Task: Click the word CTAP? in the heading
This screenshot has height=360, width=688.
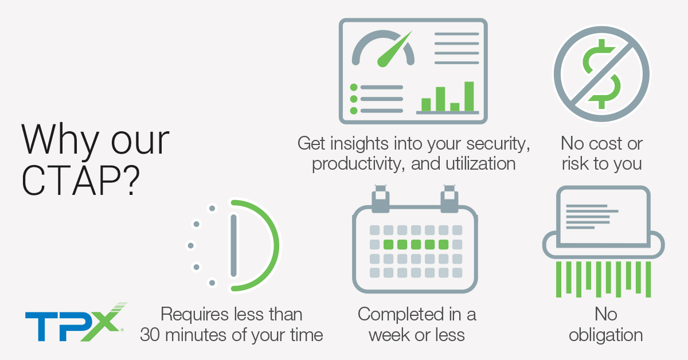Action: coord(81,181)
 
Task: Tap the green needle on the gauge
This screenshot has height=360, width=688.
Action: coord(394,49)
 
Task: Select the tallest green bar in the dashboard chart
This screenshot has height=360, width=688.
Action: coord(469,96)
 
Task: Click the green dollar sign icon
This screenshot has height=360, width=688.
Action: coord(601,74)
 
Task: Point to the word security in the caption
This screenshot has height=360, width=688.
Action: coord(498,144)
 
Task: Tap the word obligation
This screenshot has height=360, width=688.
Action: coord(605,335)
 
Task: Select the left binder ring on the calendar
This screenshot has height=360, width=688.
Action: coord(381,199)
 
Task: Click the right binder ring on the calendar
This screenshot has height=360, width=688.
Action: coord(449,199)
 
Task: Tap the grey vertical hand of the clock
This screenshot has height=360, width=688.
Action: coord(234,246)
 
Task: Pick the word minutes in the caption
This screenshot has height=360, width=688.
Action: coord(197,335)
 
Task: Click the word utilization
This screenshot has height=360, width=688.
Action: coord(480,163)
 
